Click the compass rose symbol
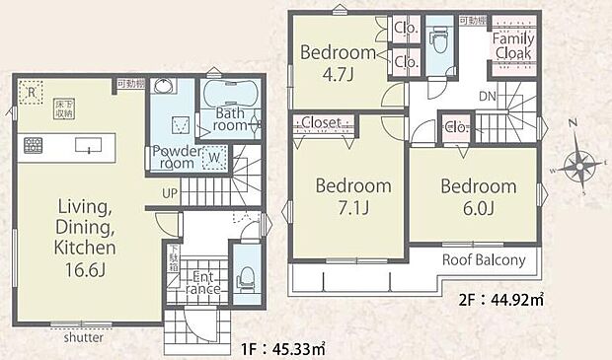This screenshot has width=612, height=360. point(579,163)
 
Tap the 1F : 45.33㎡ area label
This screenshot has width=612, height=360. point(283,346)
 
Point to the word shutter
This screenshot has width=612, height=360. point(84,335)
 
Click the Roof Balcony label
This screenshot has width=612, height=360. point(478,260)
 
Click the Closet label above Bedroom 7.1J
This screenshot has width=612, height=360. point(322,123)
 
